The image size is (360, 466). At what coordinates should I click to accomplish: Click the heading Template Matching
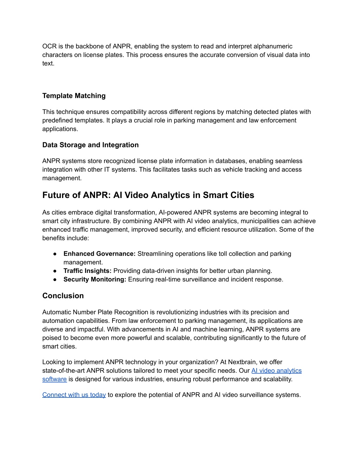[x=74, y=96]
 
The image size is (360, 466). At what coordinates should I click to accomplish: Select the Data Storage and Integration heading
[x=90, y=145]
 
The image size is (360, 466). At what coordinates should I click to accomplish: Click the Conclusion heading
[x=63, y=296]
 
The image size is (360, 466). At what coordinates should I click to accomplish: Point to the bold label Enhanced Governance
[x=99, y=254]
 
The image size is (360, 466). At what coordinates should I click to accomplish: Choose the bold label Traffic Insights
[x=87, y=271]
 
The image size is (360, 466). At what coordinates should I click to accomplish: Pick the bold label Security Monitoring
[x=95, y=279]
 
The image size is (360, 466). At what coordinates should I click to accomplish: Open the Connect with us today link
[x=74, y=395]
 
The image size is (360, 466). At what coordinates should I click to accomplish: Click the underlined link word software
[x=54, y=379]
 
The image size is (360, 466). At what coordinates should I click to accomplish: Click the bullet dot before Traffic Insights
[x=55, y=271]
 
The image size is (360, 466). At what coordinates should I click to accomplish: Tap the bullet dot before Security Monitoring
[x=55, y=280]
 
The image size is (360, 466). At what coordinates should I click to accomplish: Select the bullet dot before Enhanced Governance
[x=55, y=254]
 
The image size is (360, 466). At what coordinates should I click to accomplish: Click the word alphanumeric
[x=273, y=46]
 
